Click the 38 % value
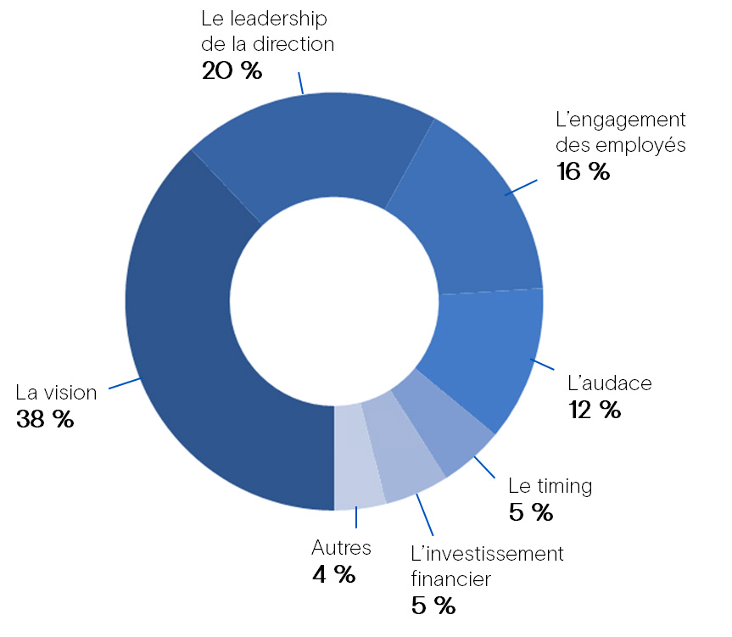45,419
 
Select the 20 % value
232,70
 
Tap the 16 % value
584,171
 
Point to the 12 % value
595,410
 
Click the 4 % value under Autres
333,574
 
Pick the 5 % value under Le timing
531,512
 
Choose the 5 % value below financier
433,606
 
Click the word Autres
342,548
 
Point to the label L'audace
610,383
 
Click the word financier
450,580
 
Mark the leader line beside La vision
125,383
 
